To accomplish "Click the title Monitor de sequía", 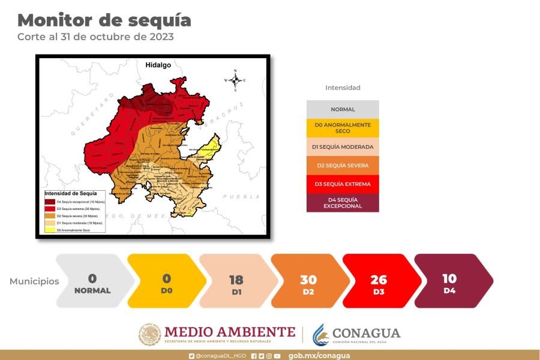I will (104, 20).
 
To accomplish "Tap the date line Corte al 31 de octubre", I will (95, 37).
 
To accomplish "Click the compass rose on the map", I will (235, 80).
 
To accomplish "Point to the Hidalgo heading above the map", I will (158, 64).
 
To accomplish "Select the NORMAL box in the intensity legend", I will (343, 109).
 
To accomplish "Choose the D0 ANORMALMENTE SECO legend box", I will (343, 128).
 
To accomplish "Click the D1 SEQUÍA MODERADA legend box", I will (343, 146).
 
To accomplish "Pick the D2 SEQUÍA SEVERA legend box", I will (343, 165).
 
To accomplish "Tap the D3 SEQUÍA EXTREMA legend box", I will (343, 184).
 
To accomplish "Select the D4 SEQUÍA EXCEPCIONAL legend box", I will (343, 202).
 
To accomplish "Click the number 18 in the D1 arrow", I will (236, 280).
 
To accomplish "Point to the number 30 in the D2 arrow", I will (308, 280).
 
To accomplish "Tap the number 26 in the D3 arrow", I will (379, 280).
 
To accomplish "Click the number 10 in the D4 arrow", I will (449, 278).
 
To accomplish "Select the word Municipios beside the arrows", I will (34, 281).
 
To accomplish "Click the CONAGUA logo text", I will (366, 333).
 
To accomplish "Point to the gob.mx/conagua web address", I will (319, 356).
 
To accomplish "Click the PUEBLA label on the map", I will (241, 196).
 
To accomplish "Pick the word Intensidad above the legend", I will (343, 88).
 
